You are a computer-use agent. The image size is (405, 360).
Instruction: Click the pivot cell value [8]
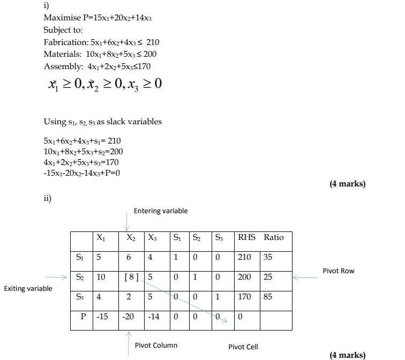point(131,277)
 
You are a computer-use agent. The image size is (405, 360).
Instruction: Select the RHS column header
point(247,237)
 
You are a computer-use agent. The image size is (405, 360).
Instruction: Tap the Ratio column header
point(274,237)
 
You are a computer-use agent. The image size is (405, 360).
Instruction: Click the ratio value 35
point(268,257)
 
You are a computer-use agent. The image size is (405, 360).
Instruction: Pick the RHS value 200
point(245,277)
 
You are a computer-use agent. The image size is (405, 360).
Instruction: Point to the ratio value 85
point(268,297)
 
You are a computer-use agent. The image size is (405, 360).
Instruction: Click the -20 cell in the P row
point(129,317)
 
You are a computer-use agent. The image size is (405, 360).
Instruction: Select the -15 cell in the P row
point(102,317)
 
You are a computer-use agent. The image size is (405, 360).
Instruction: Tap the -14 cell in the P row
point(153,317)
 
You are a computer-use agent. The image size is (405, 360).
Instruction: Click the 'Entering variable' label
point(161,211)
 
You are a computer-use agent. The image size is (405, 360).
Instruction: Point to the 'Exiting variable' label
point(28,289)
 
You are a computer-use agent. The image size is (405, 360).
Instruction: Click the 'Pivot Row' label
point(339,271)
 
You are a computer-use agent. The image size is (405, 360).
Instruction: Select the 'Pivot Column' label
point(156,345)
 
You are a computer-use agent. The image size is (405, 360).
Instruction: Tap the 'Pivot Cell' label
point(243,347)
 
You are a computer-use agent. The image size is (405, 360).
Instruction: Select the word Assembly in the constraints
point(61,66)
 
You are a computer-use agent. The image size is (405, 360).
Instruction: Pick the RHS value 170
point(245,297)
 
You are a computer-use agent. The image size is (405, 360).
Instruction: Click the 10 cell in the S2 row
point(101,277)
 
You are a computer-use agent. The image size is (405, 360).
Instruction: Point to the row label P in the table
point(83,317)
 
